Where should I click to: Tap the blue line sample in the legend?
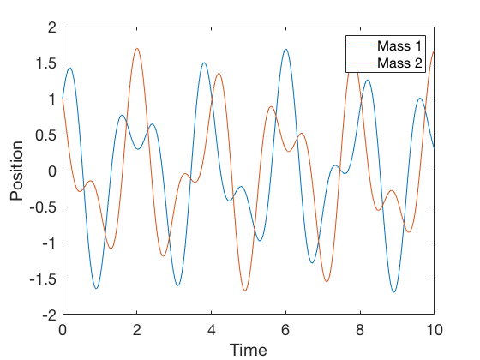(x=361, y=45)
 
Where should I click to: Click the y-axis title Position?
(x=16, y=171)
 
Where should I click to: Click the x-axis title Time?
(x=248, y=349)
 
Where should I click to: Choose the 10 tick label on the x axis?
(x=434, y=329)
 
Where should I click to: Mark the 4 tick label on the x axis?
(x=211, y=329)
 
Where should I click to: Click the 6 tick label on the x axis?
(x=285, y=329)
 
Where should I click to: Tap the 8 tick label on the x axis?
(x=360, y=329)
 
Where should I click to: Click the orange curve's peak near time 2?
(x=136, y=49)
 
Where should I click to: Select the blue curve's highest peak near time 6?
(x=285, y=50)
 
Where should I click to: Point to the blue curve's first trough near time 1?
(x=96, y=288)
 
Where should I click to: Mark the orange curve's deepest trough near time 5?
(x=244, y=291)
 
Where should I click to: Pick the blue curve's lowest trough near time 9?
(x=393, y=292)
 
